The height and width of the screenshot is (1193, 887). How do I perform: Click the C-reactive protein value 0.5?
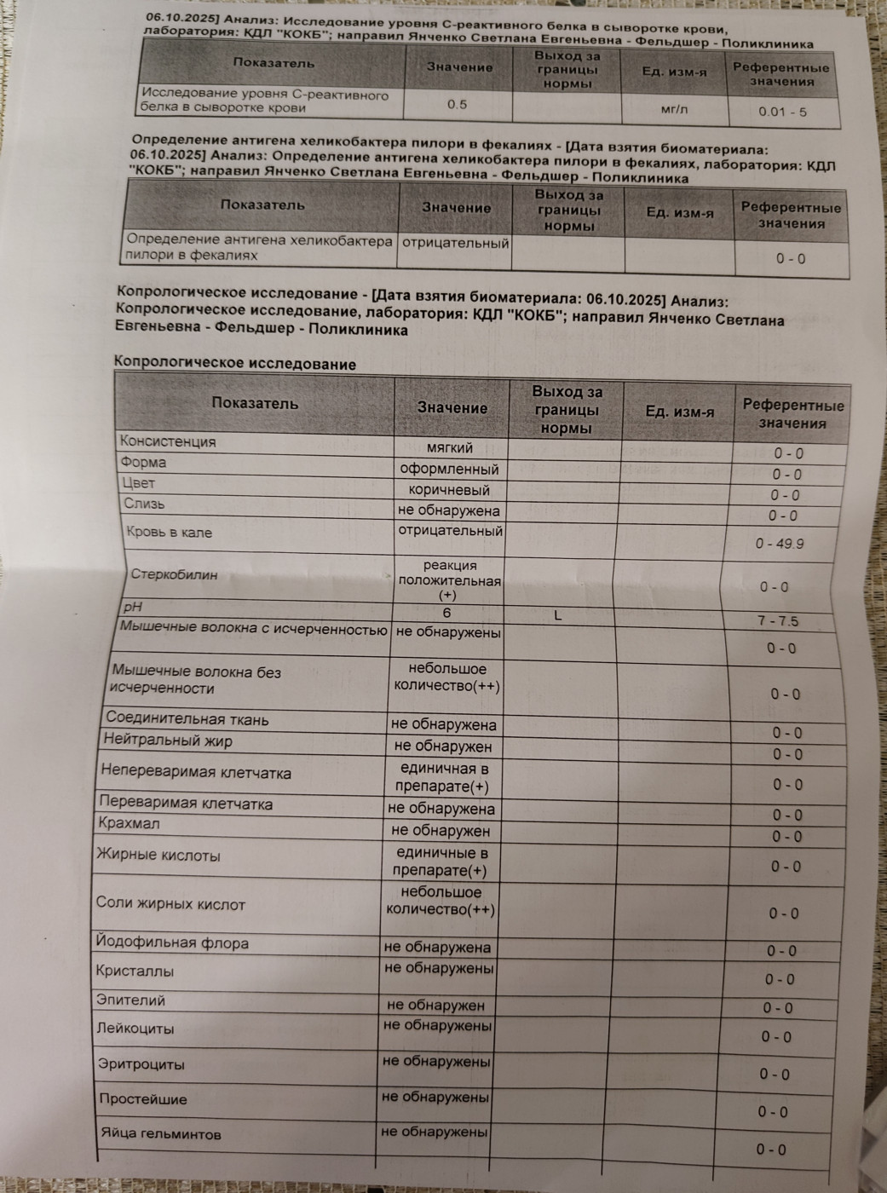click(458, 105)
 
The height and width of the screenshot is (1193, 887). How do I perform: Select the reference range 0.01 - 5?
click(782, 112)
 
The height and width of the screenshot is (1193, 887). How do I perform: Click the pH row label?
click(132, 608)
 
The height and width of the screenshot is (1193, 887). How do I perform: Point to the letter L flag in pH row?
click(557, 615)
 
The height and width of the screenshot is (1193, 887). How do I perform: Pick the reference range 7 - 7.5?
click(778, 621)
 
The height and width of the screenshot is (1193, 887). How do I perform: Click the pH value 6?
click(446, 613)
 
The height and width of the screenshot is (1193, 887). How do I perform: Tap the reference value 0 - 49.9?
click(780, 544)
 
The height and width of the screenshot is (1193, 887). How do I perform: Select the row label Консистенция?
click(168, 441)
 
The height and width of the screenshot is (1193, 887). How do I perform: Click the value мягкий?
click(450, 448)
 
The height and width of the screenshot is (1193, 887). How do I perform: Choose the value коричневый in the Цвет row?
click(449, 490)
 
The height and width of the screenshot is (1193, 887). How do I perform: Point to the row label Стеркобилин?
click(174, 574)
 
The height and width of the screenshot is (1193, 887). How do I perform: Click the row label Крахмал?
click(129, 824)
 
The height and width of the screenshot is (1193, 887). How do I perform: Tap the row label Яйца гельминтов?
click(160, 1134)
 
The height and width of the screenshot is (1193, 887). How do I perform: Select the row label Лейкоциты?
click(136, 1029)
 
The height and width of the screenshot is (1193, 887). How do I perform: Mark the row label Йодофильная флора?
click(172, 943)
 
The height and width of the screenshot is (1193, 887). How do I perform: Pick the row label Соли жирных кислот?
click(170, 904)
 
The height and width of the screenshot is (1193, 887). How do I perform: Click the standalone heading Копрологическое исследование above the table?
click(235, 364)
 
